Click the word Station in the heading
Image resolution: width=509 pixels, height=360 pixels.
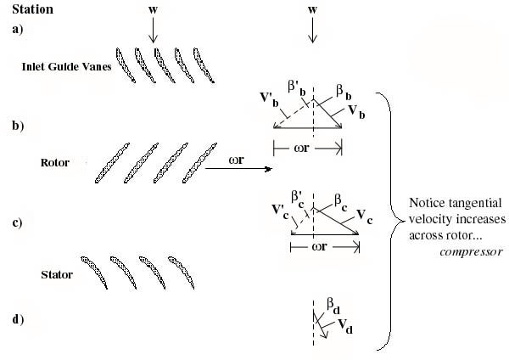tap(33, 9)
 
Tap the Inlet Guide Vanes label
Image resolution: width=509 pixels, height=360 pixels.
tap(66, 66)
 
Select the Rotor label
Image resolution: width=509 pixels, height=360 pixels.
tap(55, 162)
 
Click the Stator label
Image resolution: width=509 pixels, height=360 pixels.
tap(57, 275)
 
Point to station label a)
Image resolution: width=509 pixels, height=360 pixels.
tap(18, 29)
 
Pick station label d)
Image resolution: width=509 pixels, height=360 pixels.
tap(18, 320)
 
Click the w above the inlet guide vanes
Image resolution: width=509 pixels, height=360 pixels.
tap(153, 9)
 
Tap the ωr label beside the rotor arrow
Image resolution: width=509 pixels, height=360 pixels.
tap(237, 160)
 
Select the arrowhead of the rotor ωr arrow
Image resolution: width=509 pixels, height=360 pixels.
tap(269, 169)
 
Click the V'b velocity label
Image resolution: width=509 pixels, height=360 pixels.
tap(269, 98)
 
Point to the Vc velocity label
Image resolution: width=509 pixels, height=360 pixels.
tap(364, 216)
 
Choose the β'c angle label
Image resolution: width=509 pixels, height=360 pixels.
tap(298, 200)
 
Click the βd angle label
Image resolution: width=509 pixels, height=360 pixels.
tap(333, 307)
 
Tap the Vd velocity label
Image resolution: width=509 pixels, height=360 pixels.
tap(345, 325)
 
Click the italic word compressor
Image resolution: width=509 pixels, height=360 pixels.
tap(472, 252)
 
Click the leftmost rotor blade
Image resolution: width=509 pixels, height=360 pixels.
tap(112, 163)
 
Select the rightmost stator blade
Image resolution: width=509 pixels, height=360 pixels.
tap(182, 273)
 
